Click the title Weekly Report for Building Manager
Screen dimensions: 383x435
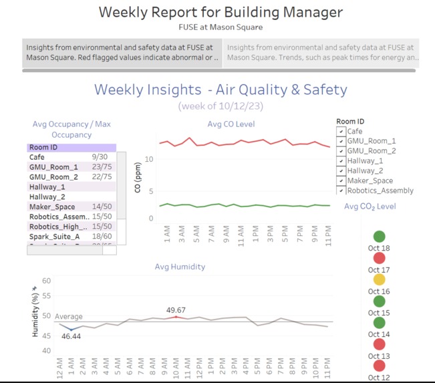click(x=221, y=12)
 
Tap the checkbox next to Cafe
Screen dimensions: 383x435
click(x=341, y=132)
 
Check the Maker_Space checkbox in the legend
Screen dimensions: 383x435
click(x=341, y=180)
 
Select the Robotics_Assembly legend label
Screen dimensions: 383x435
click(x=380, y=190)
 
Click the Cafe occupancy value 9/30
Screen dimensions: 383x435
click(x=100, y=157)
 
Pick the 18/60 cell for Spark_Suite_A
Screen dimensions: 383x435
click(x=102, y=237)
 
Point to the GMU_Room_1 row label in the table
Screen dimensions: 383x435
click(x=53, y=167)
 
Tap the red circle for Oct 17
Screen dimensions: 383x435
click(x=379, y=258)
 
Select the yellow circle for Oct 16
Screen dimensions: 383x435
click(x=379, y=279)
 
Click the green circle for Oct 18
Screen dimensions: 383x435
click(x=379, y=236)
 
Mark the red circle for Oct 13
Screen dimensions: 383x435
click(x=379, y=344)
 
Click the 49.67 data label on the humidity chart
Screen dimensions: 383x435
click(x=176, y=310)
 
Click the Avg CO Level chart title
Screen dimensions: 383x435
click(x=231, y=124)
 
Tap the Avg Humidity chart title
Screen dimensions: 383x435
click(x=180, y=267)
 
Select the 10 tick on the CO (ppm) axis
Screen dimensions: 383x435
click(x=150, y=159)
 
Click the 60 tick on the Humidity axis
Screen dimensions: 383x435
click(x=46, y=281)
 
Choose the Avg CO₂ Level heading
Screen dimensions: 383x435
click(x=370, y=207)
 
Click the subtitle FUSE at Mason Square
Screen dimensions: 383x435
click(x=221, y=27)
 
